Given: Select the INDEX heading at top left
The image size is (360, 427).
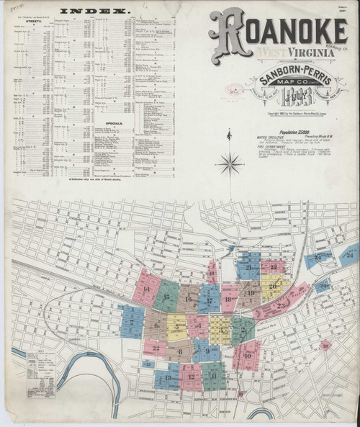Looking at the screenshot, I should click(x=94, y=12).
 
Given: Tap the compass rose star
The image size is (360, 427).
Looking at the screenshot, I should click(x=230, y=164).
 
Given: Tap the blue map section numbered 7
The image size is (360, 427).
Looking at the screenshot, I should click(x=132, y=320).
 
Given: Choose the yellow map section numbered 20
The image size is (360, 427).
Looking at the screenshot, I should click(x=274, y=286).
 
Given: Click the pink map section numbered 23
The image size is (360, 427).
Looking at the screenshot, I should click(x=282, y=304).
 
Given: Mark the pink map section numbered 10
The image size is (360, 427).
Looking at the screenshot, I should click(x=246, y=354).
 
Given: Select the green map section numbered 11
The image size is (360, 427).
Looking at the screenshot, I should click(x=213, y=375).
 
